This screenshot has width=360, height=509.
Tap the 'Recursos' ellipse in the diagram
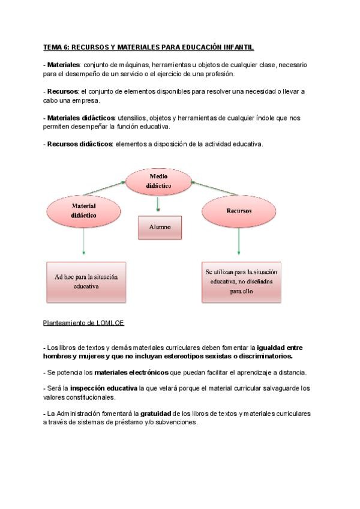(x=239, y=211)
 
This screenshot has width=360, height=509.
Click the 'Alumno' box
(x=160, y=227)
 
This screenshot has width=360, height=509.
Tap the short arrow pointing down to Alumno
(x=158, y=205)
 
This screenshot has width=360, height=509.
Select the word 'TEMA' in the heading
(x=53, y=47)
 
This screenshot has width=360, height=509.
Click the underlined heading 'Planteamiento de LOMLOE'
(x=83, y=322)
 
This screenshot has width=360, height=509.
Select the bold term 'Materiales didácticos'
(x=81, y=118)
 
